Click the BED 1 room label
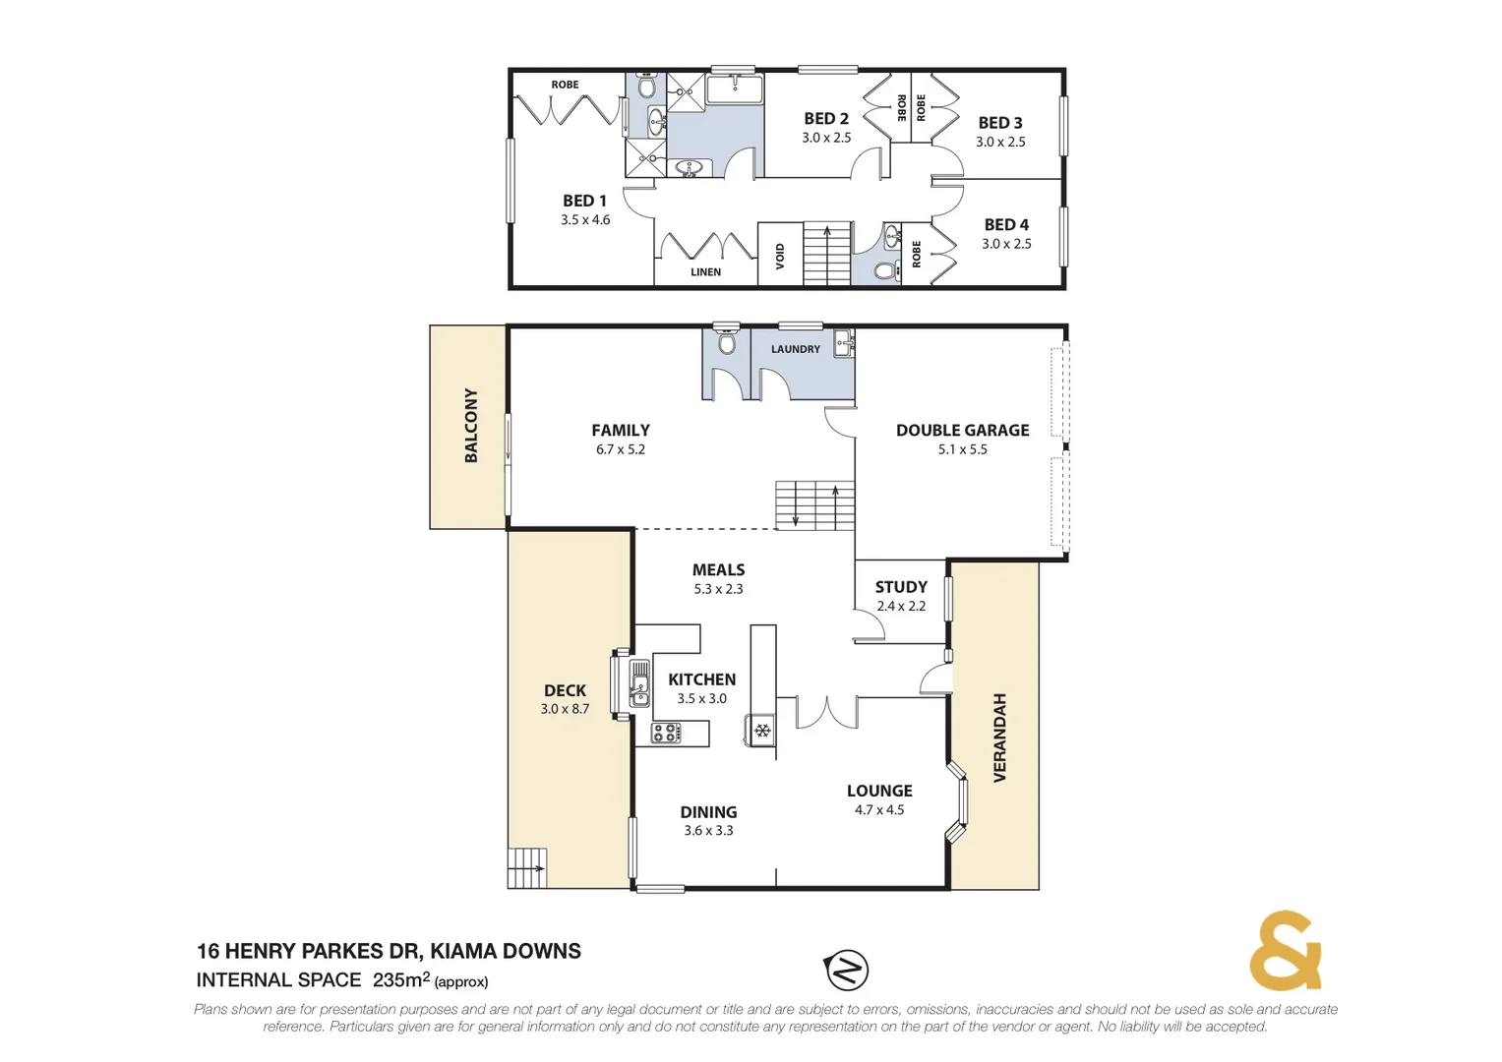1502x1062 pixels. [x=584, y=201]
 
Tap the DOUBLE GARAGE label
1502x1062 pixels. [x=962, y=430]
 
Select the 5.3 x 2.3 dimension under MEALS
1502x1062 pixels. [x=718, y=589]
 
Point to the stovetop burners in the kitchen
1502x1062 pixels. [x=666, y=732]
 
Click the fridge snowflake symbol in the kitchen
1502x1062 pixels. [x=761, y=731]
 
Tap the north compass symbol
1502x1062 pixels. [x=846, y=971]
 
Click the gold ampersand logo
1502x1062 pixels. [x=1285, y=951]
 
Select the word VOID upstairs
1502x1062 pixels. [x=780, y=256]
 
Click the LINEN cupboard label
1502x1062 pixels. [x=705, y=272]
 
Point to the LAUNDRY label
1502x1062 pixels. [x=795, y=349]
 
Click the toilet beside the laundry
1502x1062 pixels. [x=727, y=343]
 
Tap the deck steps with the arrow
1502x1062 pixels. [x=527, y=867]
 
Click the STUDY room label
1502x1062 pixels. [x=901, y=587]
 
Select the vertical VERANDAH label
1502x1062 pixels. [x=999, y=737]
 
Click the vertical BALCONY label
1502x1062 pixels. [x=471, y=426]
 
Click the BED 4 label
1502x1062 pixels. [x=1006, y=225]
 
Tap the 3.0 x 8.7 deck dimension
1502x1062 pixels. [x=565, y=709]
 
